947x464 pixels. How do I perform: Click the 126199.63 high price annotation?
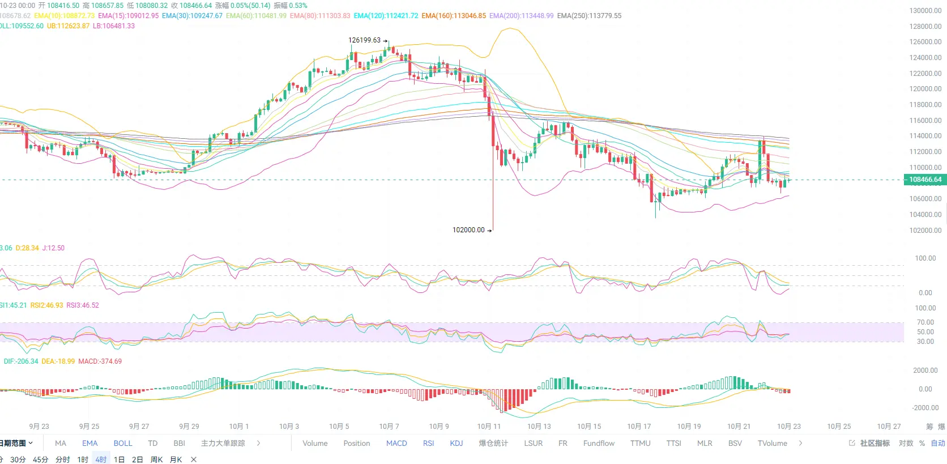(x=365, y=40)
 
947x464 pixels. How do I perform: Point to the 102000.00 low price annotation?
(x=468, y=230)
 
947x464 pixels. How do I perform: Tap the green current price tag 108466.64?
(x=925, y=180)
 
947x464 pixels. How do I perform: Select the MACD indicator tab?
(x=396, y=443)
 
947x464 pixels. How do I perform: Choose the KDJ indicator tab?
(x=457, y=443)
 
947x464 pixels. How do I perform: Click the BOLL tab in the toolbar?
(x=123, y=443)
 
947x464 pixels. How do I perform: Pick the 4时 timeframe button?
(x=101, y=459)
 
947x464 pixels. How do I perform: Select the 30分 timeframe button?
(x=18, y=459)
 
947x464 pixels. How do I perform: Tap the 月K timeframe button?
(x=176, y=459)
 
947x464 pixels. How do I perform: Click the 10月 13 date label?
(x=539, y=427)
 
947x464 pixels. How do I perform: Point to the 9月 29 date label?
(x=189, y=427)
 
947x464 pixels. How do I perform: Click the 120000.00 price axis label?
(x=925, y=89)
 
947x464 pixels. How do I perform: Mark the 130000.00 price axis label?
(x=925, y=11)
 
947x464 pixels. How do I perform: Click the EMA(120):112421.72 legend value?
(x=386, y=16)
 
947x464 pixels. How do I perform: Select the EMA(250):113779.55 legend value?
(x=589, y=16)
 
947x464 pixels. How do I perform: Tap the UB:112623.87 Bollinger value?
(x=68, y=26)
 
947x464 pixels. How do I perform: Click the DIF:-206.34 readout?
(x=21, y=361)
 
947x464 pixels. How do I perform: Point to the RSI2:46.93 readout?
(x=47, y=305)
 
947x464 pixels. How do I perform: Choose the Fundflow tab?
(x=599, y=443)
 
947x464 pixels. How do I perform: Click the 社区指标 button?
(x=875, y=443)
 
